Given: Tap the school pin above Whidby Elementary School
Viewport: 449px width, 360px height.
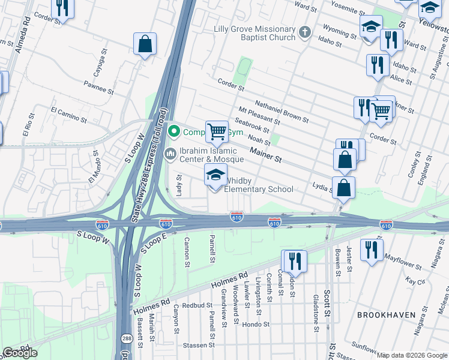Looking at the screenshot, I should coord(215,176).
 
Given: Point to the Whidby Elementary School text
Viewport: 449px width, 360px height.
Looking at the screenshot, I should coord(259,185).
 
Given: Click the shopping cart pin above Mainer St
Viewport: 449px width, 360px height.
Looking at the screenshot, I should coord(217,131).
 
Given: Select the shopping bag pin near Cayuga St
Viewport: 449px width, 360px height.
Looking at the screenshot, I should coord(145,44).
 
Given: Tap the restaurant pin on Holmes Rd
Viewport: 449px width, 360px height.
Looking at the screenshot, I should coord(294,260).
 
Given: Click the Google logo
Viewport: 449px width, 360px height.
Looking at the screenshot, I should coord(20,353).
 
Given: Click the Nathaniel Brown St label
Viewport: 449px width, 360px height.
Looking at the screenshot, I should coord(282,111).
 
